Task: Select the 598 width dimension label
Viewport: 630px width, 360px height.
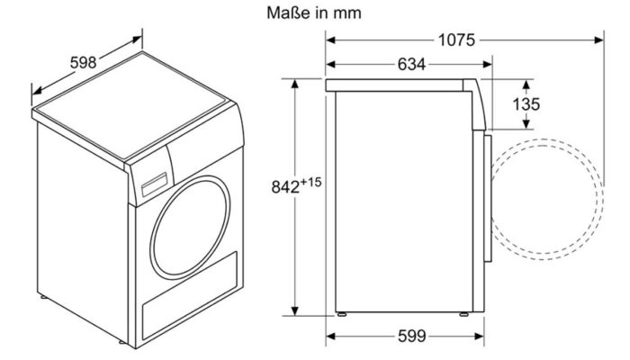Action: click(x=83, y=63)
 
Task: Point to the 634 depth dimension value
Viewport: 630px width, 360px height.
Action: click(x=410, y=65)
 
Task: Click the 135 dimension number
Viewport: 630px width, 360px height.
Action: click(x=526, y=104)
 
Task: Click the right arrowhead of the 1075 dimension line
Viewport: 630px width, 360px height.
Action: click(x=601, y=40)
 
